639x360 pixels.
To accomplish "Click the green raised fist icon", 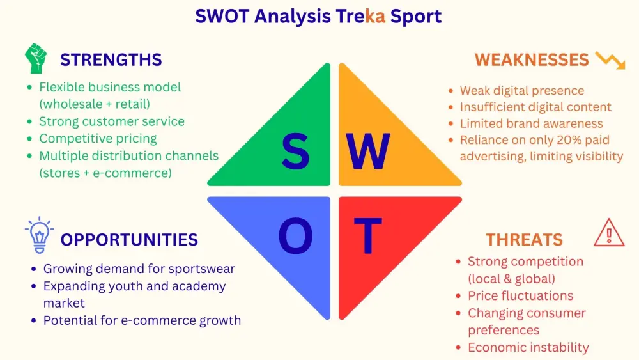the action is [x=36, y=58].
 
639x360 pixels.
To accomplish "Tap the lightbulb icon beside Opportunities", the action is [x=40, y=235].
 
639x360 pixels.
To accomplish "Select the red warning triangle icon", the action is [x=609, y=232].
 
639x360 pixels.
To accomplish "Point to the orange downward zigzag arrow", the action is [x=610, y=60].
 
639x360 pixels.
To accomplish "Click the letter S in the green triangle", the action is [x=295, y=152].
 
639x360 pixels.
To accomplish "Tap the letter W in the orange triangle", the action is [x=368, y=152].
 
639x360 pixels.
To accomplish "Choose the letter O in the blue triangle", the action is [x=295, y=236].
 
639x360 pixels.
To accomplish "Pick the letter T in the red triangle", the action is [x=367, y=236].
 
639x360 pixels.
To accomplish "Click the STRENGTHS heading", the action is [x=111, y=60].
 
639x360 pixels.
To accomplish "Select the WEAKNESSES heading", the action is [x=532, y=60].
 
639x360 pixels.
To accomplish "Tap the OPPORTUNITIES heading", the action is [x=129, y=240].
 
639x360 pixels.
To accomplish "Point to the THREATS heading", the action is [x=524, y=240].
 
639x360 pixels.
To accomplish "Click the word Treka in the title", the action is [x=360, y=17].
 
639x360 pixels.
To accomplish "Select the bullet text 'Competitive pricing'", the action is [x=98, y=139].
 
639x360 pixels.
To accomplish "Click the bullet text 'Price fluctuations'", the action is [x=520, y=295].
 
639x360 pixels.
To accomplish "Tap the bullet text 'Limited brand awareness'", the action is [x=532, y=123].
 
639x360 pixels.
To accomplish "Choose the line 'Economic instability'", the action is [x=528, y=347].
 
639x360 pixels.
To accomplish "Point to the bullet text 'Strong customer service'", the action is [x=112, y=121].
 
